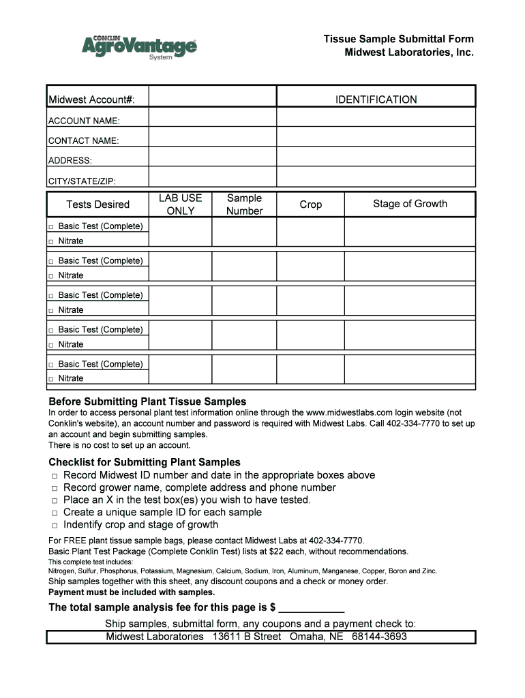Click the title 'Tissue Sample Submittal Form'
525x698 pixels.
(x=398, y=39)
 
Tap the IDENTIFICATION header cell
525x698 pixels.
(x=376, y=100)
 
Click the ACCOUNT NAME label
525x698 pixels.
(x=84, y=121)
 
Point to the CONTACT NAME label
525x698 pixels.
(x=83, y=140)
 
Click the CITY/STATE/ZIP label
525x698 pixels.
(x=82, y=181)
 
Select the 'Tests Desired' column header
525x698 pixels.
(x=97, y=204)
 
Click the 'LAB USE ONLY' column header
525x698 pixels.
(x=181, y=204)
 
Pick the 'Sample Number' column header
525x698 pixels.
(x=244, y=204)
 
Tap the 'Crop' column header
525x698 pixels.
(x=310, y=204)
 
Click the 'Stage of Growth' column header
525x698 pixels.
(x=410, y=204)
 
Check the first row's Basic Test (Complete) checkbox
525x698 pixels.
(x=51, y=226)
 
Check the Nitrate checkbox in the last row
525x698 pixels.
(x=51, y=379)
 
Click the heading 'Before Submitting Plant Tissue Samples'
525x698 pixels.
(x=147, y=401)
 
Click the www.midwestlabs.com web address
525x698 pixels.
(x=350, y=413)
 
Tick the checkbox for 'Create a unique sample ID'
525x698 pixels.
(x=54, y=513)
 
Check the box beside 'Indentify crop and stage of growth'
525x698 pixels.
(x=54, y=525)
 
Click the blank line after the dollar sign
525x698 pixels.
(x=312, y=608)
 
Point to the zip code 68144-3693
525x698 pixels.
(x=379, y=637)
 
